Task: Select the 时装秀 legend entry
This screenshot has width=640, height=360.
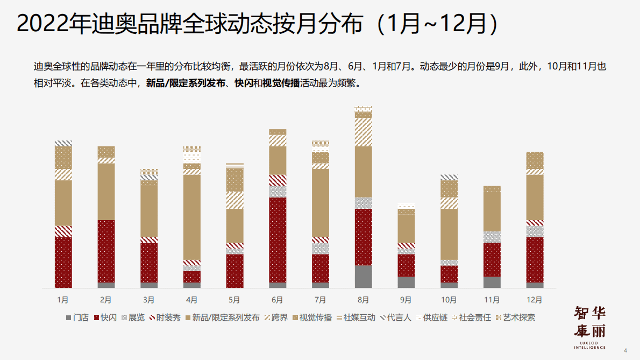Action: click(x=164, y=317)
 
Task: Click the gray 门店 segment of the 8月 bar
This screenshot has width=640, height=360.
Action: click(x=363, y=276)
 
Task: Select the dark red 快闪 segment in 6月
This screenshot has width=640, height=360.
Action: click(x=278, y=239)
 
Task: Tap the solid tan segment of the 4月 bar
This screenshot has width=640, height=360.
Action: click(x=191, y=217)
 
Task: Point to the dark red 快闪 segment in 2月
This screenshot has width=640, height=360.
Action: click(x=106, y=251)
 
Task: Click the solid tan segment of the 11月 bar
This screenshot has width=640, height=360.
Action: click(x=492, y=211)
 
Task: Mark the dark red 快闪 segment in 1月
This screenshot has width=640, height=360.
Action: click(x=63, y=262)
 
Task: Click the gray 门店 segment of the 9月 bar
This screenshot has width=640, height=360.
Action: click(x=406, y=282)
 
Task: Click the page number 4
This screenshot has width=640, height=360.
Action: click(x=625, y=350)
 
